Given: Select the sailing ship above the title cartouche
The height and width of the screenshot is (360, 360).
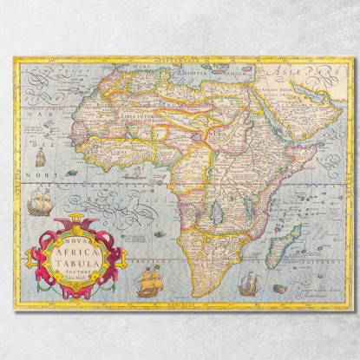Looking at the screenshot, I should pyautogui.click(x=38, y=204).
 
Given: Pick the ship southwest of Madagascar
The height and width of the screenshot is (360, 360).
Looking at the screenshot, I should pyautogui.click(x=249, y=283).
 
